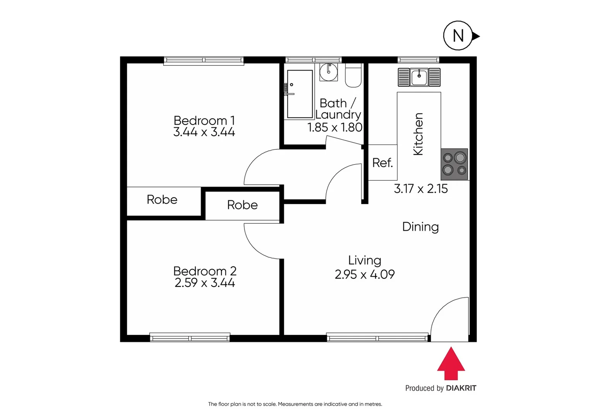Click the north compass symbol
(458, 36)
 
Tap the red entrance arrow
(451, 364)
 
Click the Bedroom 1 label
(204, 120)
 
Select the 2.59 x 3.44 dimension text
(205, 283)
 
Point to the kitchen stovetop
(454, 164)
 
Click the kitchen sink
(419, 77)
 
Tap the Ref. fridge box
(382, 163)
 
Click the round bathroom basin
(329, 72)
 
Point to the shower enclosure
(300, 94)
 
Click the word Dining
(420, 227)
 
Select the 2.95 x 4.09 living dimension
(364, 274)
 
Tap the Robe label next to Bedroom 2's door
(242, 205)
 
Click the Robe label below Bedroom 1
(162, 200)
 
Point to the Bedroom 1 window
(203, 60)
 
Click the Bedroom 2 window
(190, 337)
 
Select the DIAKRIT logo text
(461, 388)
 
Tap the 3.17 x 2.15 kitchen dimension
(421, 189)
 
